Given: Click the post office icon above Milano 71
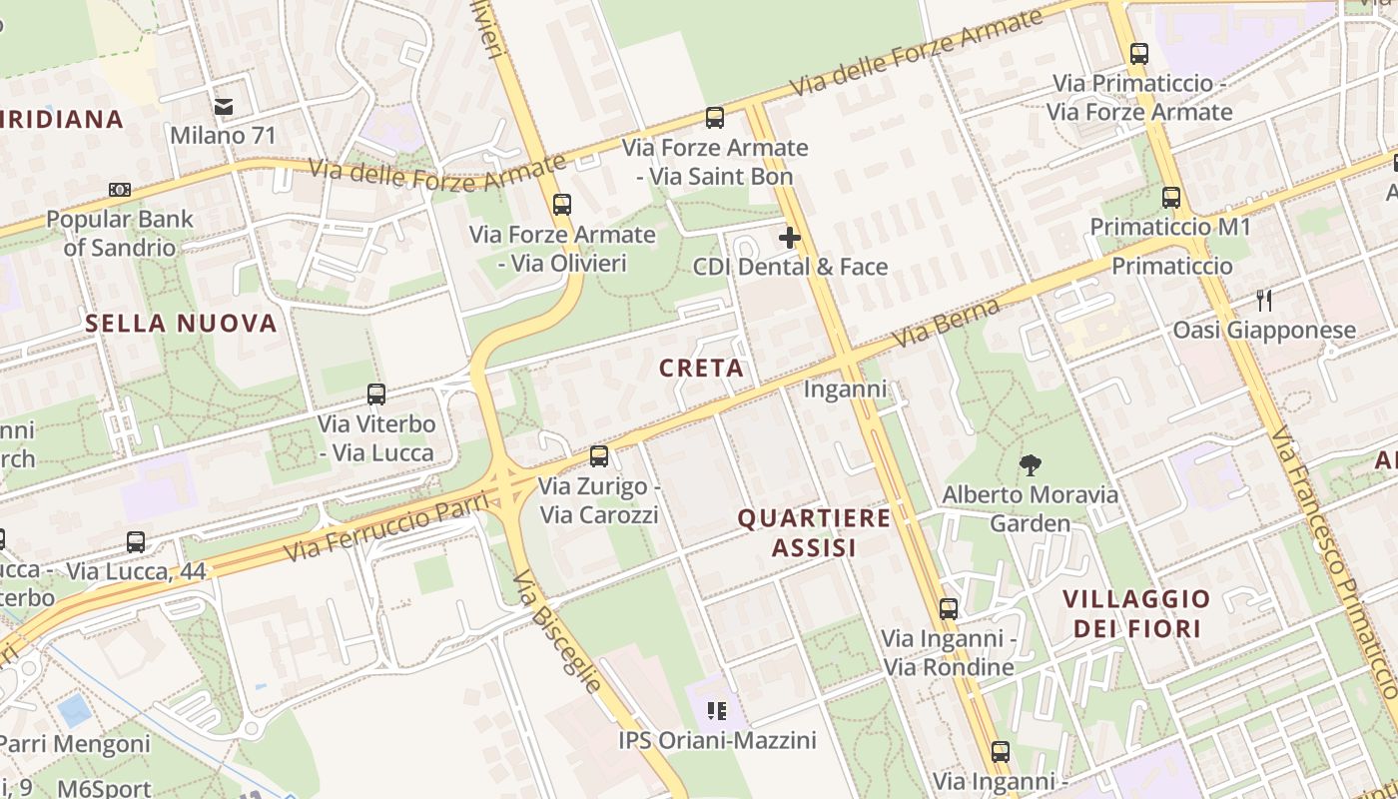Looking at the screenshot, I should point(223,106).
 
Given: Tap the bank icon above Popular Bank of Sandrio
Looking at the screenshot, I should point(120,189).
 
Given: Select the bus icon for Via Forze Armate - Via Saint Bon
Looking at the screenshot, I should point(714,118).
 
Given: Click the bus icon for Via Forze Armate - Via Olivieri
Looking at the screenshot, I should point(562,205).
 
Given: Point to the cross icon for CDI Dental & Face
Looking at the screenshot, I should point(790,238).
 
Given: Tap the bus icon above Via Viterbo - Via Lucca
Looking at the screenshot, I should point(376,395).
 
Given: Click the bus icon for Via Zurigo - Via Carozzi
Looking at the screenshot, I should point(599,456).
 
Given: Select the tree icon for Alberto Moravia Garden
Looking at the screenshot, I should point(1030,464).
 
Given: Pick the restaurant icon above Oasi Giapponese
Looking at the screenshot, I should point(1264,300).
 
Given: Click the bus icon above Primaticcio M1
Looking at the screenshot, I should point(1171,198).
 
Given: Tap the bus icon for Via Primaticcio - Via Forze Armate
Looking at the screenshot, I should point(1139,54).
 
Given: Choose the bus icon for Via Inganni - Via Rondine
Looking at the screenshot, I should point(949,608).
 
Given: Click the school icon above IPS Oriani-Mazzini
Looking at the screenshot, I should point(716,711).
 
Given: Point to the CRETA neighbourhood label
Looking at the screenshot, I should point(702,369).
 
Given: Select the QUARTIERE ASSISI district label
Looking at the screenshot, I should point(814,532).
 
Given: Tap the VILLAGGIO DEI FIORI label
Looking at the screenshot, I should point(1136,613).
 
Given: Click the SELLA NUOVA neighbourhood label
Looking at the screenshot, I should point(181,323).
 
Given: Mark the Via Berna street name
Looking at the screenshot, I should point(946,323).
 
